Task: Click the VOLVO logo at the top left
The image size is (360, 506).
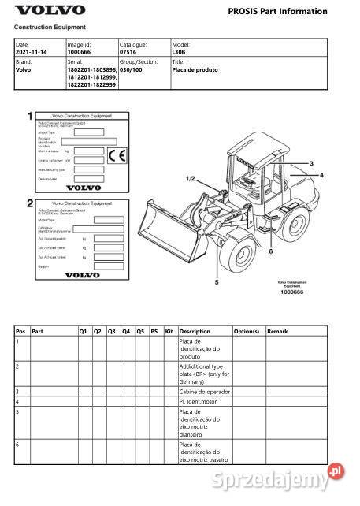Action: point(50,10)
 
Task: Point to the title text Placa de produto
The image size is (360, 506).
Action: point(195,69)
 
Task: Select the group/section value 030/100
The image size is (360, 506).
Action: point(132,69)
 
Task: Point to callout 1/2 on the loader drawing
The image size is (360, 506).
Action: point(189,179)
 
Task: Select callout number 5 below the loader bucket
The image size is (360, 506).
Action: point(216,281)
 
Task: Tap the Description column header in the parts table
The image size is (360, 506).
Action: point(195,332)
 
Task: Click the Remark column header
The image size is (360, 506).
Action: point(278,332)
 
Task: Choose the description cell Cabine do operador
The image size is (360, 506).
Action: point(206,391)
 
